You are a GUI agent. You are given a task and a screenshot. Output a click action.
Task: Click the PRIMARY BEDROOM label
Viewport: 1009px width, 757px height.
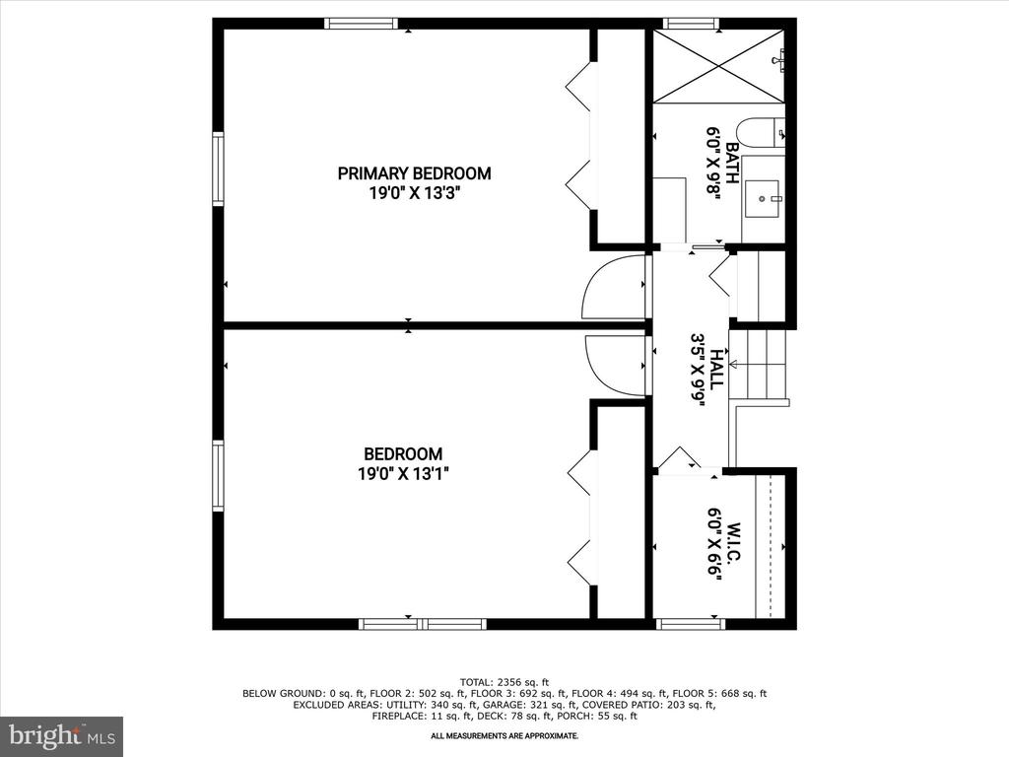(x=414, y=173)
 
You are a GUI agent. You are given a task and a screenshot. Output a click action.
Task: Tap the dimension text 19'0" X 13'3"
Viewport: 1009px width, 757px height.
(x=415, y=192)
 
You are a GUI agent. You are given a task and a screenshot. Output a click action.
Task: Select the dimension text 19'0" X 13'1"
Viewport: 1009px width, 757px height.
(x=403, y=474)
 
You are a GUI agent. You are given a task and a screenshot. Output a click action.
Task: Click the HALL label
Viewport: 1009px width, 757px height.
(x=717, y=369)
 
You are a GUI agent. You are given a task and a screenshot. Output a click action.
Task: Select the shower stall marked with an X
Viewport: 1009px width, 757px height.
(x=719, y=66)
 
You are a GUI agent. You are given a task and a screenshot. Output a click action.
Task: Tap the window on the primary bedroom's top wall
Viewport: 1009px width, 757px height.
(x=360, y=24)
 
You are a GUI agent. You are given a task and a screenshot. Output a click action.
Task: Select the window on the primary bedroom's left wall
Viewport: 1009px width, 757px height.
(x=218, y=169)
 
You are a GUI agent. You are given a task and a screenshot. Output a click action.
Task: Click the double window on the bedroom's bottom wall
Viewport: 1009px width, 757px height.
(x=422, y=624)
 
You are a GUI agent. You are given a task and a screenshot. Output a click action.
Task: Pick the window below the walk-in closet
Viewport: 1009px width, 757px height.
(x=689, y=624)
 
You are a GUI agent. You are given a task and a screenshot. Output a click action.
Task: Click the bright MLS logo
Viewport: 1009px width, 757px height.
(x=62, y=734)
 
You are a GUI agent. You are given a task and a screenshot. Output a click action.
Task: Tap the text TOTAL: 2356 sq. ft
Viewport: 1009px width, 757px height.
(x=504, y=682)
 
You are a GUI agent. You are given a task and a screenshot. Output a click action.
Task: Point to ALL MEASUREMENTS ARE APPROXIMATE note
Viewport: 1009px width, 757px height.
(x=504, y=735)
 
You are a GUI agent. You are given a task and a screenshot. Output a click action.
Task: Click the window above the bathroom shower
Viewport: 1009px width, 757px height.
(x=691, y=24)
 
